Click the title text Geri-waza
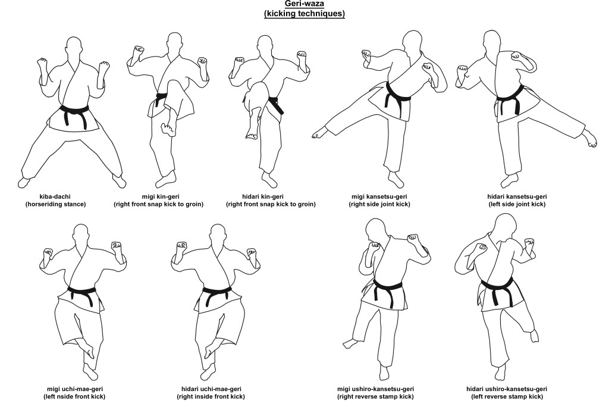(x=304, y=4)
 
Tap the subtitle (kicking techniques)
(x=304, y=14)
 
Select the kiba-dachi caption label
(x=55, y=196)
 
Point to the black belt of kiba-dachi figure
(x=74, y=114)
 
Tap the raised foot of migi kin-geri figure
(x=168, y=129)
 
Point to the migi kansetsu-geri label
(x=379, y=196)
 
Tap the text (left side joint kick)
(x=517, y=204)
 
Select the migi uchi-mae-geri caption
(x=75, y=389)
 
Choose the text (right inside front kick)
(x=211, y=396)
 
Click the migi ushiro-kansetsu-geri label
(x=375, y=389)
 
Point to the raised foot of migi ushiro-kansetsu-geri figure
(x=350, y=343)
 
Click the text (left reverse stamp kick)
(x=507, y=396)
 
